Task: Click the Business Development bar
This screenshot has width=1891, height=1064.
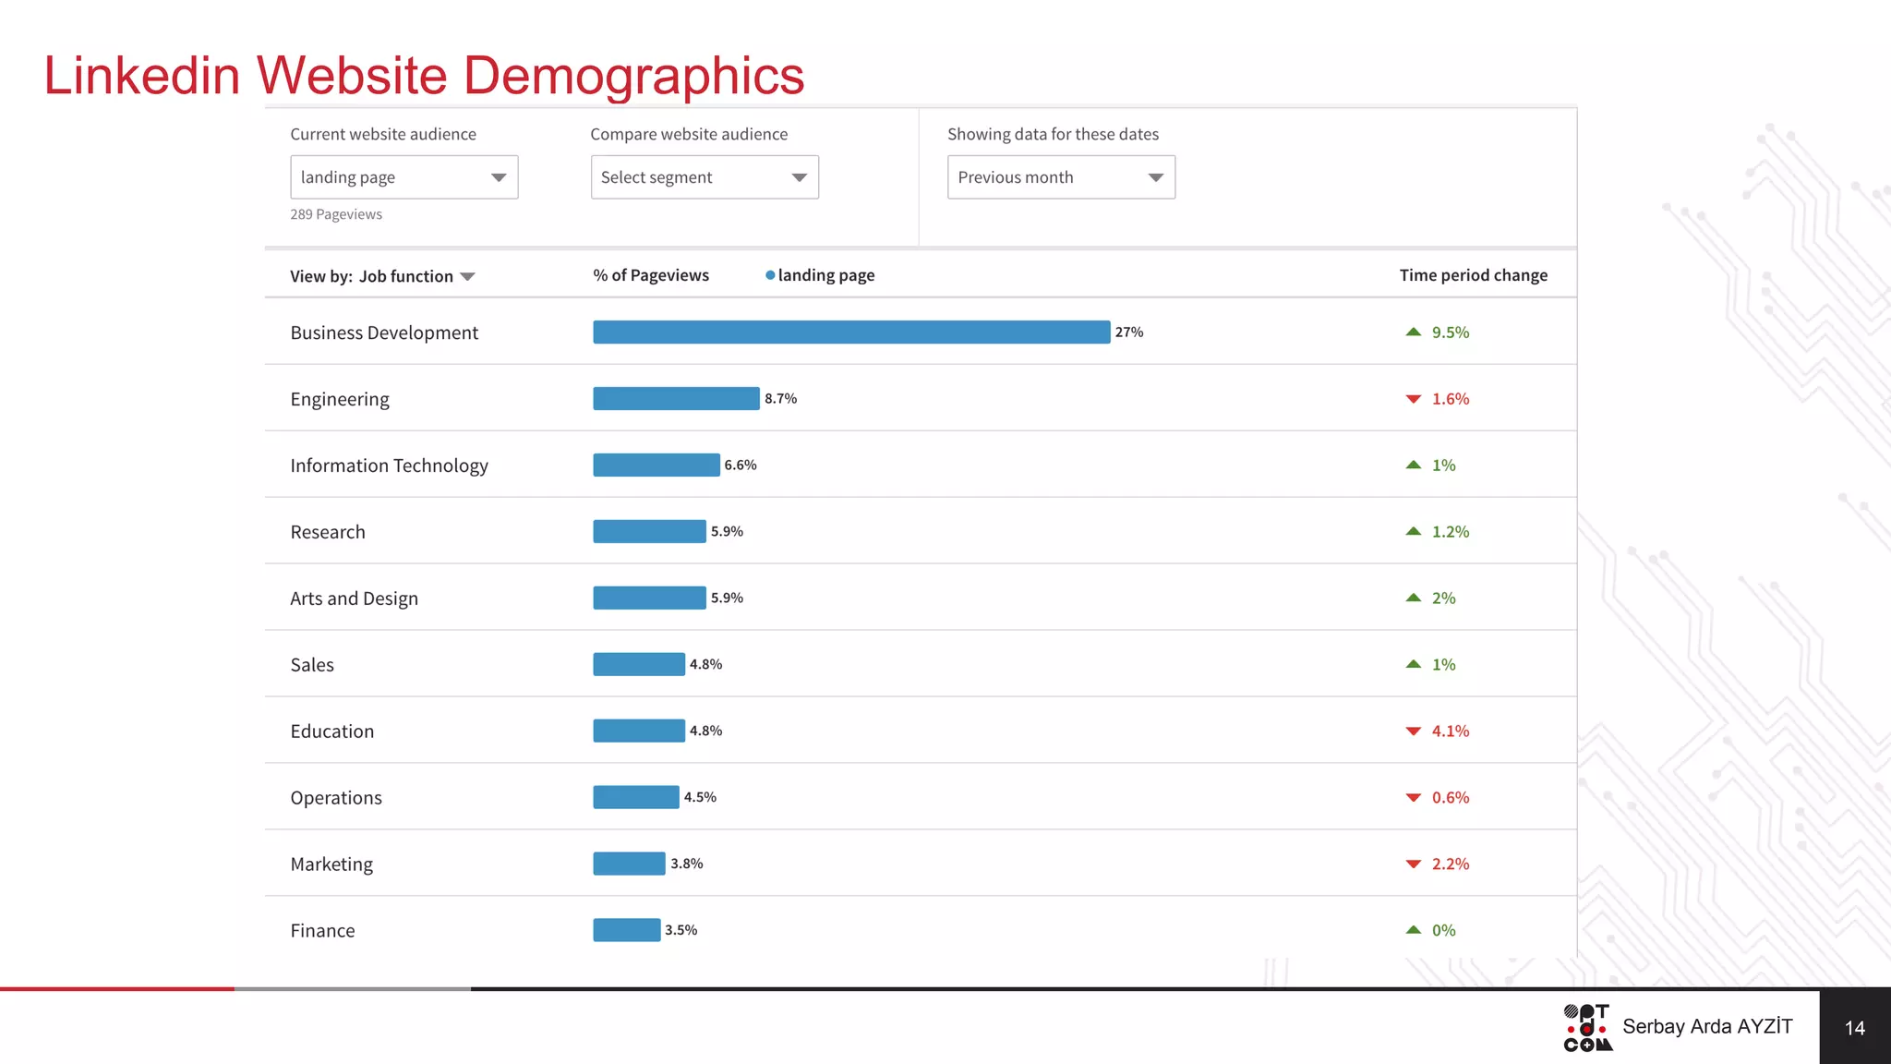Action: tap(851, 332)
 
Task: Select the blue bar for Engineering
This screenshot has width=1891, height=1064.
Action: tap(676, 398)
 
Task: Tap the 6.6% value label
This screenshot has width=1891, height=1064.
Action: tap(741, 465)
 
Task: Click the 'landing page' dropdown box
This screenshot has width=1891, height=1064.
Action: tap(404, 177)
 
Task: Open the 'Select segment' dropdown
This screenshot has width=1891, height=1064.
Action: tap(705, 177)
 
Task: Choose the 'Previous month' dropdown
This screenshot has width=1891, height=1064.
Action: tap(1061, 177)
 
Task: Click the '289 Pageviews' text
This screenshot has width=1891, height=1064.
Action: tap(336, 214)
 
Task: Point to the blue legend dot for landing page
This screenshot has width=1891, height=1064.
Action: tap(770, 275)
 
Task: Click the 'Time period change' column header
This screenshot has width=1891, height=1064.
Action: tap(1474, 275)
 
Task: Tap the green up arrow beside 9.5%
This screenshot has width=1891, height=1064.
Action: tap(1414, 332)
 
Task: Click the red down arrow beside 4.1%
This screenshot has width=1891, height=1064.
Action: tap(1414, 731)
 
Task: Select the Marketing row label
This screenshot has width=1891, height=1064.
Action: tap(331, 864)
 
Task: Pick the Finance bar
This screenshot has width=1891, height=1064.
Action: tap(627, 930)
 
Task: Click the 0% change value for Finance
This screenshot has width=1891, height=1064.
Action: tap(1444, 930)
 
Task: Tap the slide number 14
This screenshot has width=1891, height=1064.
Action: tap(1855, 1028)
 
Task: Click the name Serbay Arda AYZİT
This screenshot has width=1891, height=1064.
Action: tap(1707, 1026)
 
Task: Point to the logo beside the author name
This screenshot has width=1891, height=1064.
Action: tap(1588, 1028)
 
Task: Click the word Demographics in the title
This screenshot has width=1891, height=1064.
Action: tap(633, 76)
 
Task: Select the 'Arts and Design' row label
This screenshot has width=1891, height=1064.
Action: tap(354, 598)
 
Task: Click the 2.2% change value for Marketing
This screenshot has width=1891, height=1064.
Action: tap(1451, 864)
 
